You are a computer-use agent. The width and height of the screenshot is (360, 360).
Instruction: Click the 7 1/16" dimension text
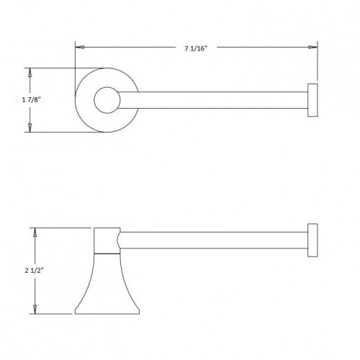click(195, 48)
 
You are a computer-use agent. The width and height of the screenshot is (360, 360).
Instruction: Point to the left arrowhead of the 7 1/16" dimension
click(81, 48)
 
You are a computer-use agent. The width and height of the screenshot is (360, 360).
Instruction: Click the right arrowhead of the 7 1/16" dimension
click(312, 48)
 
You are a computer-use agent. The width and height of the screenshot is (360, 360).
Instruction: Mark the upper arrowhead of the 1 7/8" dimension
click(30, 73)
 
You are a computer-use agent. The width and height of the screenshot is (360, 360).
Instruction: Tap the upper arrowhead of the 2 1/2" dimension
click(34, 231)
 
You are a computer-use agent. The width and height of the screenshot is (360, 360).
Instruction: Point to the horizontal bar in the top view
click(216, 100)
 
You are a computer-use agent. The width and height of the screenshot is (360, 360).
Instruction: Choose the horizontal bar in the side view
click(216, 241)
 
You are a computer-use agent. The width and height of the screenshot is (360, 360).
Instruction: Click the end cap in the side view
click(314, 241)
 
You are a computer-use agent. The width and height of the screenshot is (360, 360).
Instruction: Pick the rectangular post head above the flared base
click(107, 240)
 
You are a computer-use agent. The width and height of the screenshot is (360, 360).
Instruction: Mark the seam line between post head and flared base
click(107, 254)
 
